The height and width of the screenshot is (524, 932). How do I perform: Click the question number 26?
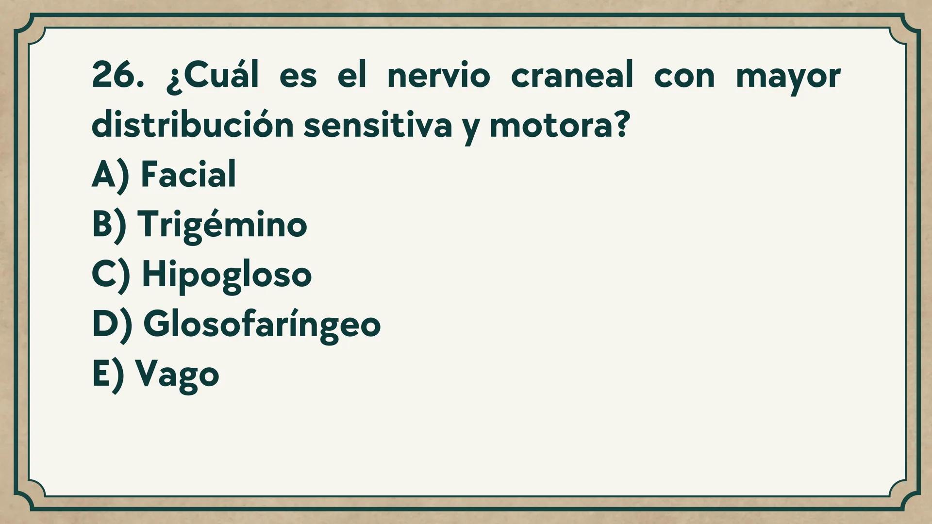point(117,75)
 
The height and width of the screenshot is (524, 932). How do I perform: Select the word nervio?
point(438,75)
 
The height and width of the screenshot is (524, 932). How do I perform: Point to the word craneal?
point(572,75)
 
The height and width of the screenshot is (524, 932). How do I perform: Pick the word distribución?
point(192,125)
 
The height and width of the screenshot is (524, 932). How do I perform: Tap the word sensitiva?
point(378,125)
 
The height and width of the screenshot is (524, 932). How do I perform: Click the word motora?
point(552,125)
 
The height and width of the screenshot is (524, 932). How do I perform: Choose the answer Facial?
point(188,174)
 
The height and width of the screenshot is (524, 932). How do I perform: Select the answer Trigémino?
point(222,225)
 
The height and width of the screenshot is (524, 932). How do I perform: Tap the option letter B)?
point(109,225)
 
